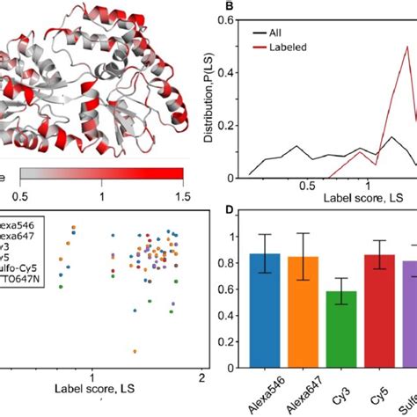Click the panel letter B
pos(227,10)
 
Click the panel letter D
pos(227,210)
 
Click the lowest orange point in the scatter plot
pos(135,351)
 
